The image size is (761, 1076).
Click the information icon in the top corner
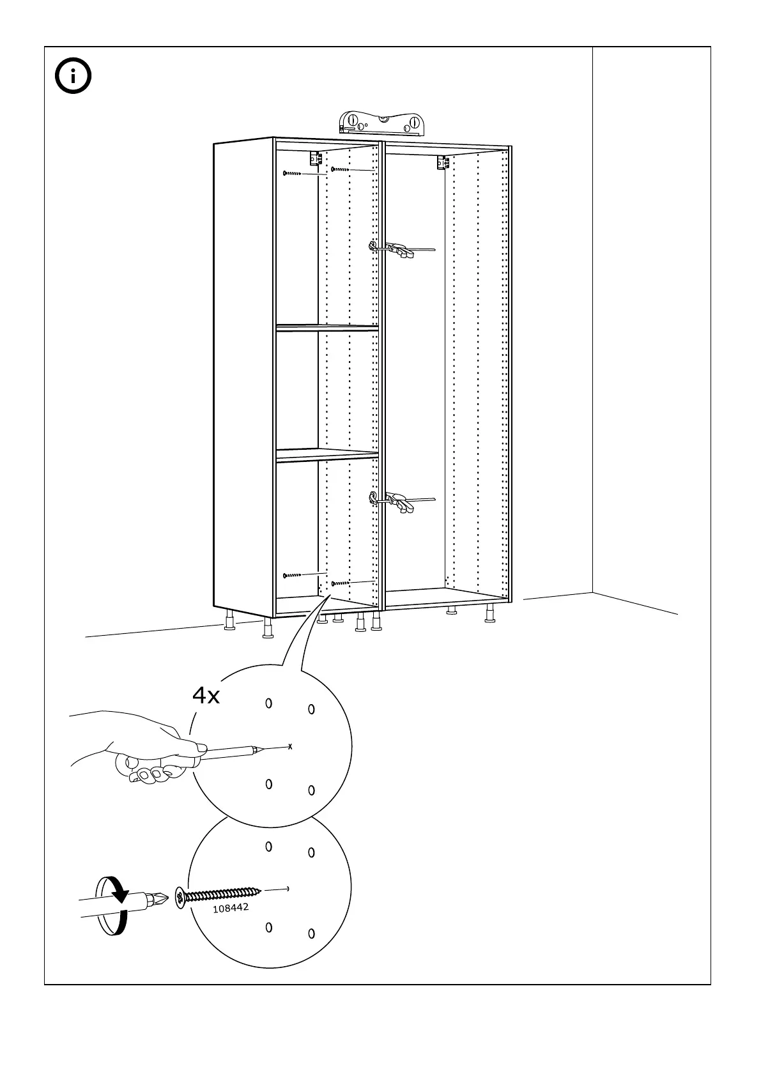(73, 77)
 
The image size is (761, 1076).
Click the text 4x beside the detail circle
(206, 696)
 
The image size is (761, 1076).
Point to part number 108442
(231, 907)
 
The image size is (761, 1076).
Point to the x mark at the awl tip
(290, 746)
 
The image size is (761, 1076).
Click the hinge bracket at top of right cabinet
(442, 162)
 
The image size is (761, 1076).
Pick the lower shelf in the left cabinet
(327, 454)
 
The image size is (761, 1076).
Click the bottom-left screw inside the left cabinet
(291, 575)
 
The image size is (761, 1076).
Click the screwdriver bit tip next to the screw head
(163, 900)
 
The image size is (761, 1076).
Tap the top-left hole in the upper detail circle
(269, 703)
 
